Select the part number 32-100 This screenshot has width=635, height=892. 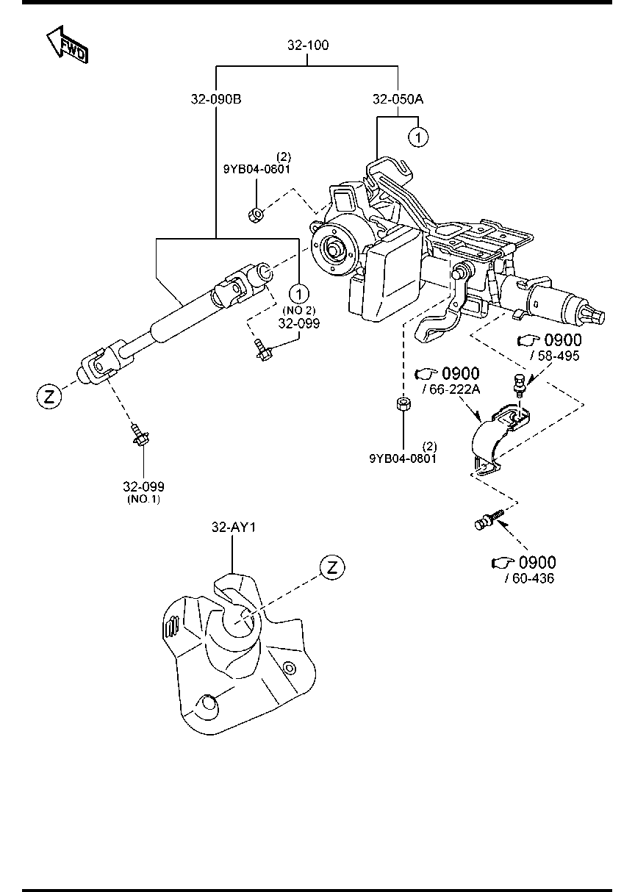point(308,46)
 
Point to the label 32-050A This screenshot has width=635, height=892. point(398,98)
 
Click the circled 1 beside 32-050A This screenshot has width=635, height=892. point(418,137)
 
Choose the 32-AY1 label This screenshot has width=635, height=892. point(232,527)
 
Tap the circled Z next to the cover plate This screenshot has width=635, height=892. point(331,567)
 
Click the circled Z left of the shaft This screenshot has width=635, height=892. point(48,397)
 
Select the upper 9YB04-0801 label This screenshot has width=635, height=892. point(256,168)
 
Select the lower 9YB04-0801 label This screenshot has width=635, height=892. point(403,458)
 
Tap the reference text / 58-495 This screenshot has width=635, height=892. point(554,356)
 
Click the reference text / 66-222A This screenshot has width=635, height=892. point(451,389)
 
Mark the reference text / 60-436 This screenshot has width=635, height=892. point(529,578)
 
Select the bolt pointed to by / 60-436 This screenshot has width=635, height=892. point(487,520)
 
